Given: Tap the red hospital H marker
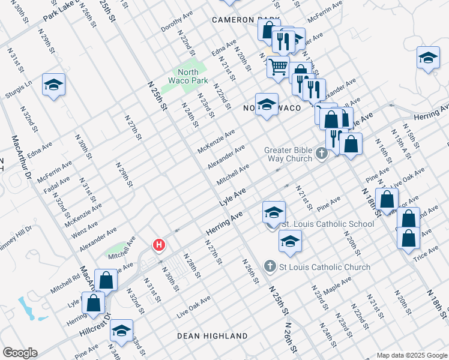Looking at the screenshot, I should [x=159, y=245].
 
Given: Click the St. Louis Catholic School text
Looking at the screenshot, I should [x=328, y=224].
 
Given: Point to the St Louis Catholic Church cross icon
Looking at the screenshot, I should [x=270, y=266].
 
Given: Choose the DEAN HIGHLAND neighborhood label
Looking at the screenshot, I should [x=212, y=336].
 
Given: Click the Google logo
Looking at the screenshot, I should [x=20, y=353].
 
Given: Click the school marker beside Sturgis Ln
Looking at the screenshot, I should [x=53, y=85].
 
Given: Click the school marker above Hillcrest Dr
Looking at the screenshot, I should [x=122, y=332].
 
